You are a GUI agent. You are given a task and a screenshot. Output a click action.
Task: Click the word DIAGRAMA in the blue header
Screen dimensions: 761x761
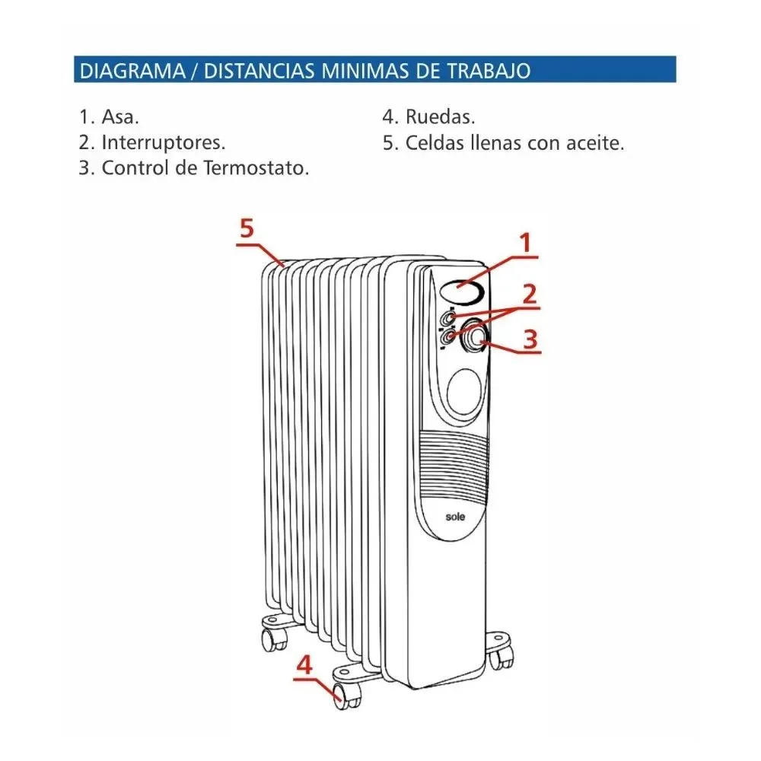pyautogui.click(x=132, y=71)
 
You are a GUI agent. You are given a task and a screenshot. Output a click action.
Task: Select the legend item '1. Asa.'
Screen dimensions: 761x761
pyautogui.click(x=109, y=116)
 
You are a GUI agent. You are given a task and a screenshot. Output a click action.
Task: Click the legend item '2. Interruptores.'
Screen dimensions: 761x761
pyautogui.click(x=152, y=142)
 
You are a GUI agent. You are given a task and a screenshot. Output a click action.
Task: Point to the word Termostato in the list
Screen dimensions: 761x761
pyautogui.click(x=256, y=168)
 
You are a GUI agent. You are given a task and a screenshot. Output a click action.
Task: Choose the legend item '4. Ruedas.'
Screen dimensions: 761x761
pyautogui.click(x=429, y=116)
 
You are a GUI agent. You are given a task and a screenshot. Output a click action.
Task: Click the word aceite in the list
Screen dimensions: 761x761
pyautogui.click(x=595, y=143)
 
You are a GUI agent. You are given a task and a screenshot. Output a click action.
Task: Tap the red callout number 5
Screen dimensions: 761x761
pyautogui.click(x=247, y=228)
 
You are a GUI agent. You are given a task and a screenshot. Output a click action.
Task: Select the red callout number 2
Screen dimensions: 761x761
pyautogui.click(x=529, y=294)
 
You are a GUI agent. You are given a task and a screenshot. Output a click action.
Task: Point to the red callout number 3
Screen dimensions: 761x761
pyautogui.click(x=530, y=339)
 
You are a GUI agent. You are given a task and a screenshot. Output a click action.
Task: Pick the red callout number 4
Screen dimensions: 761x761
pyautogui.click(x=304, y=664)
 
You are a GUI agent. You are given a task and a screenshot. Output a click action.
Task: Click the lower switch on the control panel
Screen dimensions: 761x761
pyautogui.click(x=447, y=336)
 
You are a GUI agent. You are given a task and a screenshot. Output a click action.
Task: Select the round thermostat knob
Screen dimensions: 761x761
pyautogui.click(x=474, y=336)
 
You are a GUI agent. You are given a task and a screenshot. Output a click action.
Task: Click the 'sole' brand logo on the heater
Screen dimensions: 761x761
pyautogui.click(x=455, y=517)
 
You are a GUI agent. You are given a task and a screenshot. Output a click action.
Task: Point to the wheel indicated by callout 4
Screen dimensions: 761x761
pyautogui.click(x=347, y=696)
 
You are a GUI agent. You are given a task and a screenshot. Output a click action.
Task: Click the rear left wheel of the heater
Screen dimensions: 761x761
pyautogui.click(x=274, y=638)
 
